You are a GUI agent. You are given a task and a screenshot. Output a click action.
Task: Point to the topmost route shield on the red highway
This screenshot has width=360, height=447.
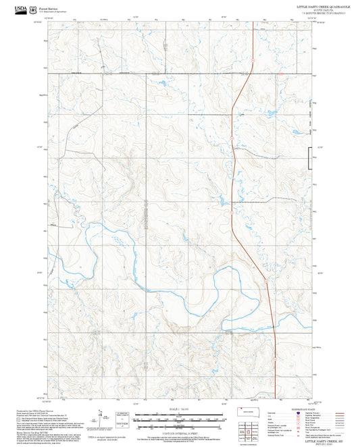[251, 61]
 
